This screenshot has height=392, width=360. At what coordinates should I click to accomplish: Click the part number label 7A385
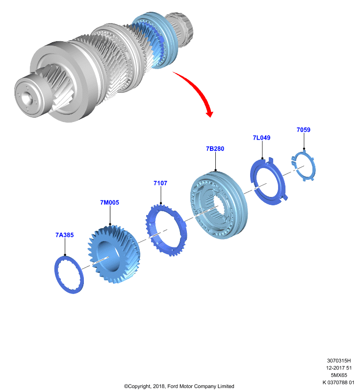(x=65, y=235)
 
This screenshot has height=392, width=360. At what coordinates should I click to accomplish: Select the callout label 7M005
(x=109, y=202)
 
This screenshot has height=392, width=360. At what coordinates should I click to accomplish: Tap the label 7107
(x=160, y=183)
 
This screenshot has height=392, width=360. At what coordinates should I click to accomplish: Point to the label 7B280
(x=215, y=149)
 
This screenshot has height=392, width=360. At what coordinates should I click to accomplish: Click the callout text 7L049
(x=262, y=138)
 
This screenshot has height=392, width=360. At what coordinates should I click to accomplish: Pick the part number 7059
(x=304, y=130)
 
